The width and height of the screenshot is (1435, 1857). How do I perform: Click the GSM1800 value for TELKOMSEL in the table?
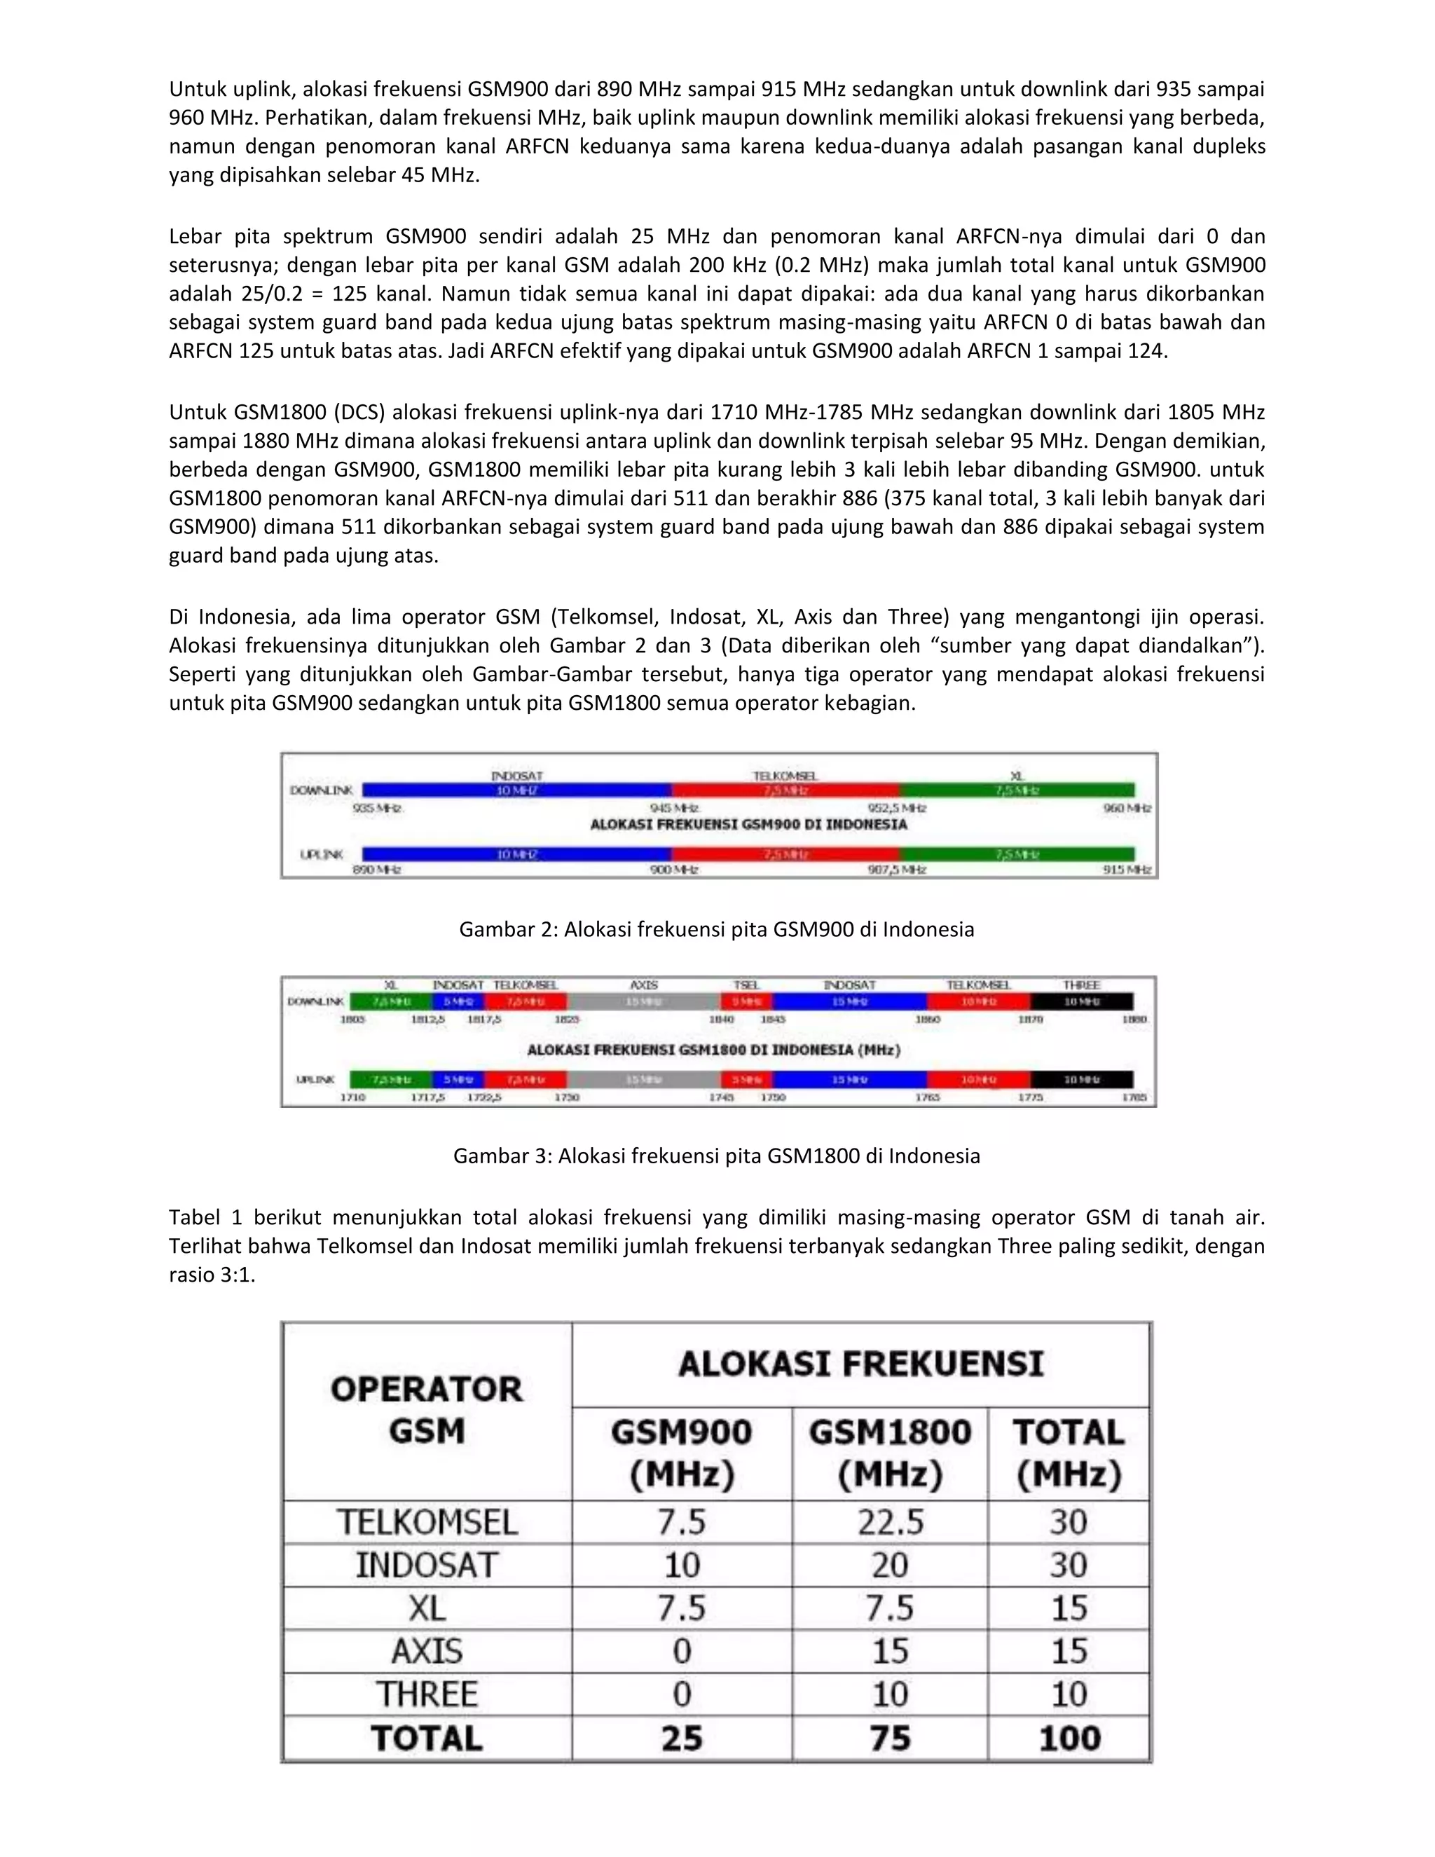(889, 1522)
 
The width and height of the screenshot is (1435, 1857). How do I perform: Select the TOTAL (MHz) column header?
(1069, 1453)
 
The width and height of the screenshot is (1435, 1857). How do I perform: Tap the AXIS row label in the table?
(427, 1651)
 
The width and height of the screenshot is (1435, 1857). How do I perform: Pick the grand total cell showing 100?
(1069, 1738)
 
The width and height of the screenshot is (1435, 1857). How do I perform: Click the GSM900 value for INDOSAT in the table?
(681, 1565)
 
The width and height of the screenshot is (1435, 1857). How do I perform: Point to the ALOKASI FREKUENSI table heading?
(860, 1364)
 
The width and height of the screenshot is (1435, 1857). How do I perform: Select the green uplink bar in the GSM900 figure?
(1017, 854)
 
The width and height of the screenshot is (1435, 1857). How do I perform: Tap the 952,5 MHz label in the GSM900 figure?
(897, 808)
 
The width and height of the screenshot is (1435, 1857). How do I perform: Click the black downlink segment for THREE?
(1081, 1001)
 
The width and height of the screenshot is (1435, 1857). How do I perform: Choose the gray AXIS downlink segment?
(643, 1001)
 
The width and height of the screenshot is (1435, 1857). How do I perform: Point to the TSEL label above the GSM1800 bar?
(746, 985)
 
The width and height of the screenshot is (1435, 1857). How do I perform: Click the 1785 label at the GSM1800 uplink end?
(1134, 1097)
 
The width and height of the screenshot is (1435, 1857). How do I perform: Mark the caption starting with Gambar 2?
(716, 929)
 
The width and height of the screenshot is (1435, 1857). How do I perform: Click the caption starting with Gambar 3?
(716, 1156)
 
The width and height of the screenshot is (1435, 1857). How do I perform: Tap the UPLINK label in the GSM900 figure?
(322, 854)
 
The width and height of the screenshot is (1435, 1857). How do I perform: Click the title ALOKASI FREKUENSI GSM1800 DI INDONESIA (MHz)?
(713, 1050)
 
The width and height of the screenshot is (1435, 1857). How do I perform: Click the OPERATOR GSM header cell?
(427, 1410)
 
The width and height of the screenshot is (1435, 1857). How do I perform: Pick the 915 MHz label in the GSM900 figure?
(1127, 870)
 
